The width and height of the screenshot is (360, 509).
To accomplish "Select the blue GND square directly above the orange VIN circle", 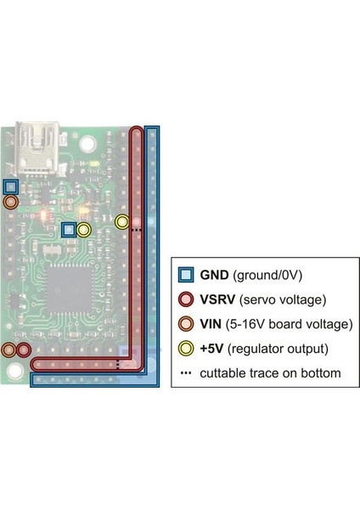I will pyautogui.click(x=10, y=187).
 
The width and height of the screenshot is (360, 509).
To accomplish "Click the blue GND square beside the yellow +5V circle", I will pyautogui.click(x=70, y=229).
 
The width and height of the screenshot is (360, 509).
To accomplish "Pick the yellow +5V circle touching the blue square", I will pyautogui.click(x=83, y=229).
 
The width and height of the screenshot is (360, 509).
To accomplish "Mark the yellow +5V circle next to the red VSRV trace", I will pyautogui.click(x=122, y=222).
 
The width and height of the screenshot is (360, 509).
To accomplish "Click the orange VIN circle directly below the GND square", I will pyautogui.click(x=10, y=203).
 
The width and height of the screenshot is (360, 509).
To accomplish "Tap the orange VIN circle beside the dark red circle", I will pyautogui.click(x=10, y=350).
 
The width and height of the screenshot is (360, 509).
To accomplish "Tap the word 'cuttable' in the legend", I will pyautogui.click(x=224, y=373).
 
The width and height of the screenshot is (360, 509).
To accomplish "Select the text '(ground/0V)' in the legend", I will pyautogui.click(x=269, y=275).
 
